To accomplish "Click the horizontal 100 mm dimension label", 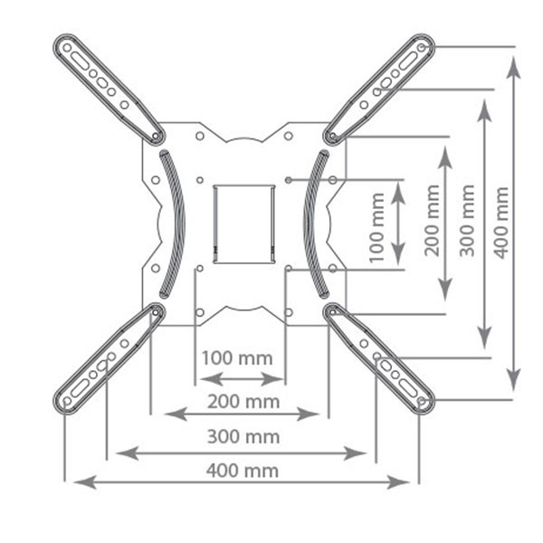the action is tap(237, 358).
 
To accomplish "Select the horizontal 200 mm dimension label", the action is tap(243, 402).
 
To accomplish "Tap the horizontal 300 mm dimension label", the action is tap(243, 436).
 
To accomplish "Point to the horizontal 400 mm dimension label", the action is tap(243, 471).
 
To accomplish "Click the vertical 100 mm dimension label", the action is tap(376, 227).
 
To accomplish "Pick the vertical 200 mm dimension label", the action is tap(432, 221).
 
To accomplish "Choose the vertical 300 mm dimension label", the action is tap(467, 221).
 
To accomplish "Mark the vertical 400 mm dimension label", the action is tap(501, 223).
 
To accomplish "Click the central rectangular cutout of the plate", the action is tap(244, 224).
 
